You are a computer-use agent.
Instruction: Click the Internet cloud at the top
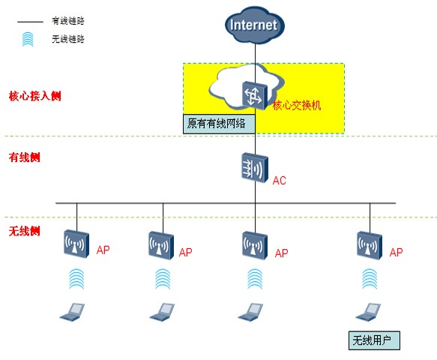[255, 25]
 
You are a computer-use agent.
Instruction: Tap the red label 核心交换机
[297, 105]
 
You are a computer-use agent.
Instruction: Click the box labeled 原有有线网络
[219, 124]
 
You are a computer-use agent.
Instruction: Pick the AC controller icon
[255, 167]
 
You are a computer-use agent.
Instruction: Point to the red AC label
[280, 181]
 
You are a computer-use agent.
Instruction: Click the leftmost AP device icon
[76, 244]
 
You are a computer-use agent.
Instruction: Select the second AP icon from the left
[161, 245]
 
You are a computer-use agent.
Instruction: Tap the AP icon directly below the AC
[255, 245]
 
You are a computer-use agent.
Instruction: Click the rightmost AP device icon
[370, 245]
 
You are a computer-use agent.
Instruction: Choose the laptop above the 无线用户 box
[368, 312]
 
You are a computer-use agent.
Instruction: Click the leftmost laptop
[72, 312]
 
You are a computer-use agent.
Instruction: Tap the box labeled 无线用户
[374, 340]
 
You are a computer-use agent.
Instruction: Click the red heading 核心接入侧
[34, 96]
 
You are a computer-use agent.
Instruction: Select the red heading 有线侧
[25, 157]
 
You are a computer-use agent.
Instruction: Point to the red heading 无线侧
[25, 231]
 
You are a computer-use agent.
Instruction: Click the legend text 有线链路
[68, 21]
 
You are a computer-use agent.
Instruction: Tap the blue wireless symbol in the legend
[28, 39]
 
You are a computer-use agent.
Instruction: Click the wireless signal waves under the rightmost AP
[370, 279]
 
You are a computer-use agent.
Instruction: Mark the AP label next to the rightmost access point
[396, 252]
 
